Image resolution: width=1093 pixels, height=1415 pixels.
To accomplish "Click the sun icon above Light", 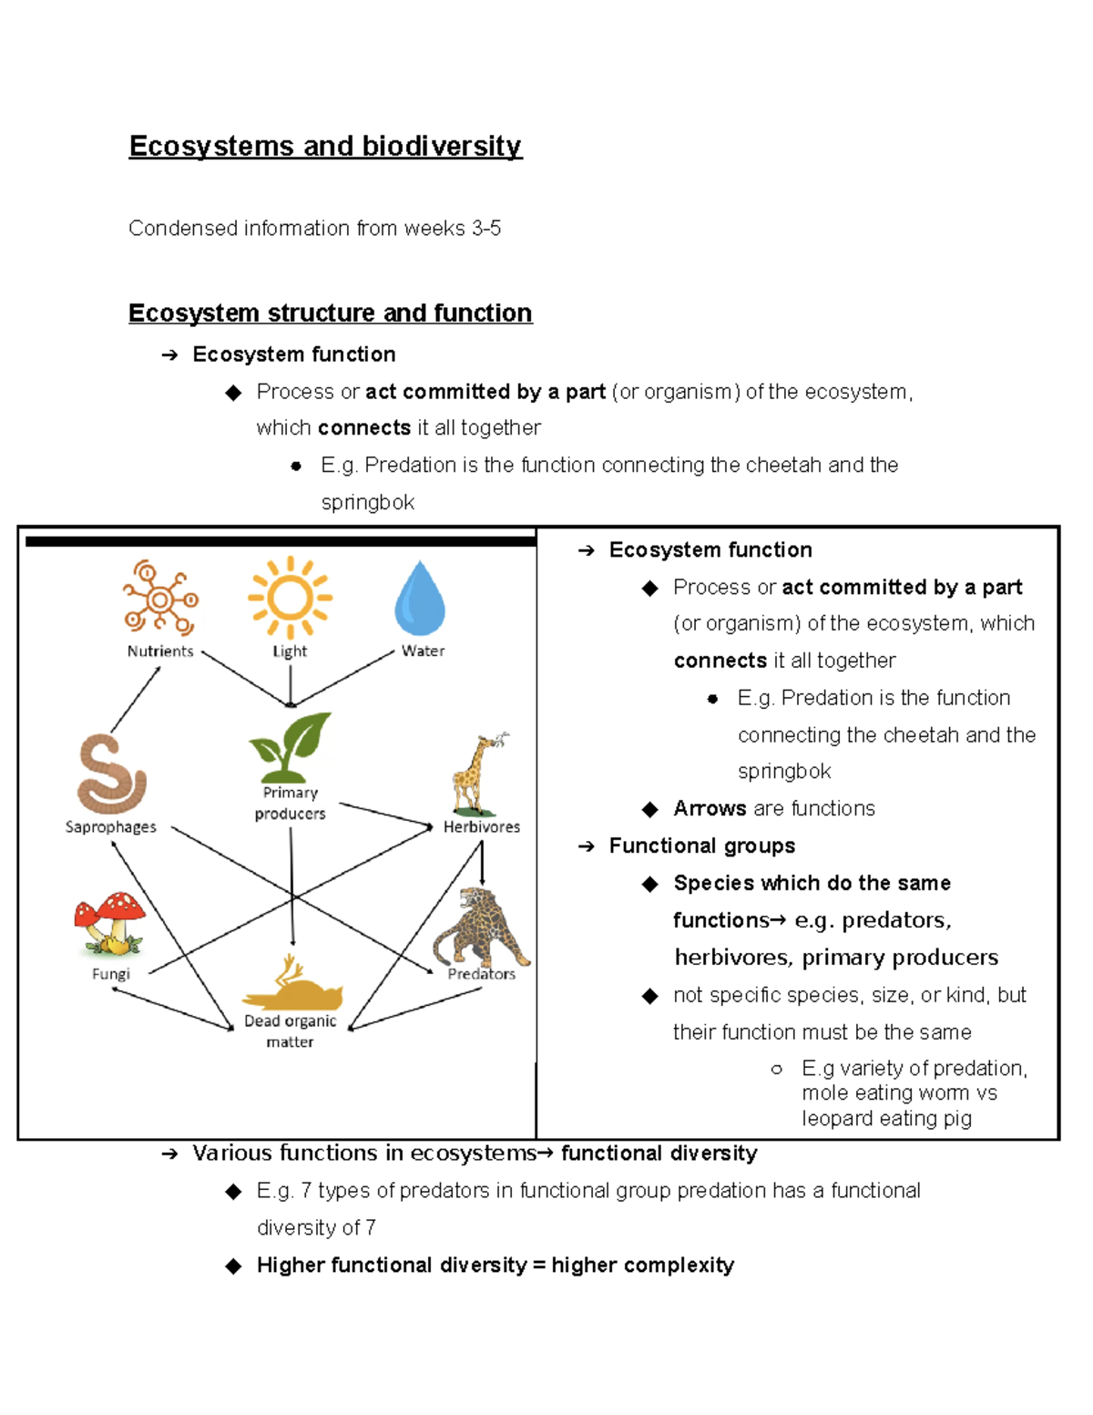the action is (x=290, y=598).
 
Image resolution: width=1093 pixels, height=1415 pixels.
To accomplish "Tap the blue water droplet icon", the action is (x=420, y=599).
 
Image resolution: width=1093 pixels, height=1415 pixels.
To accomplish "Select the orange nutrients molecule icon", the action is (x=160, y=599).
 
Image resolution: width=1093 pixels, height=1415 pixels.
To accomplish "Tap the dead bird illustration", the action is (x=291, y=987).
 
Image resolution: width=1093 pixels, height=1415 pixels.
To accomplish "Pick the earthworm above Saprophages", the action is (x=111, y=774).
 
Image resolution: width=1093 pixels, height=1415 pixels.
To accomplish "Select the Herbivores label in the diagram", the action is (x=482, y=827).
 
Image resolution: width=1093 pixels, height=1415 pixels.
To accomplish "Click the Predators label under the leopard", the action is (x=481, y=974).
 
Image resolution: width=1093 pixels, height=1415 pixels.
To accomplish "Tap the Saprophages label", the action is (x=111, y=827).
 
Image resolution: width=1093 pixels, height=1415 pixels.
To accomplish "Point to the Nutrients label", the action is (x=160, y=651).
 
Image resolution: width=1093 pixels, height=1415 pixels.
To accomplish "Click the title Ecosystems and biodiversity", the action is (x=325, y=146).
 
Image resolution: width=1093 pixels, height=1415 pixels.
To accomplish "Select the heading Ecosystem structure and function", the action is (x=330, y=313).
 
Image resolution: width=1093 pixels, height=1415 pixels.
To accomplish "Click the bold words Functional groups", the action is (x=701, y=846).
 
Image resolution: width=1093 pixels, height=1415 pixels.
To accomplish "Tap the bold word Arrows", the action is (x=710, y=809).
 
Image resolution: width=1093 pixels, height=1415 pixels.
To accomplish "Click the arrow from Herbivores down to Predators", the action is (x=482, y=862).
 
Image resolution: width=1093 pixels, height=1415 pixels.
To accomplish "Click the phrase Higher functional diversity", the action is (x=392, y=1266).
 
